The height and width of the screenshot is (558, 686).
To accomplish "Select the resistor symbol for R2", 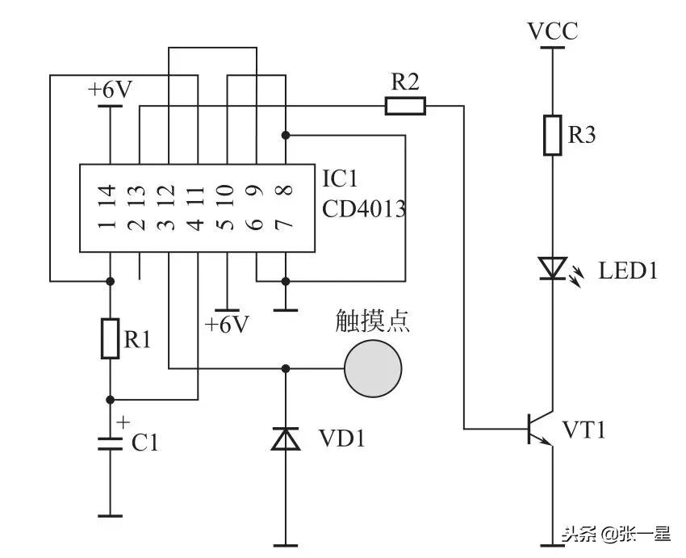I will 404,106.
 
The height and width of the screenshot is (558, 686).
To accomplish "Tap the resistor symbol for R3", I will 552,135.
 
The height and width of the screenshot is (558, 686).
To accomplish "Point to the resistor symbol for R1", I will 110,338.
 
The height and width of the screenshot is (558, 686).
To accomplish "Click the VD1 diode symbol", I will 285,438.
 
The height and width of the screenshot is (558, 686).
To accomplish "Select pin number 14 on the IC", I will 110,192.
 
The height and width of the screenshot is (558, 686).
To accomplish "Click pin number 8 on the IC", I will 284,192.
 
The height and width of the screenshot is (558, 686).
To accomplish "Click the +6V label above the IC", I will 110,90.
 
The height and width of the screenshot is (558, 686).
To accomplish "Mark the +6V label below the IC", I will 227,325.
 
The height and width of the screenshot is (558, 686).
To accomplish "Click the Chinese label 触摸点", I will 372,321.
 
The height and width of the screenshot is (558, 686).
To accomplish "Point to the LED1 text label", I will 627,271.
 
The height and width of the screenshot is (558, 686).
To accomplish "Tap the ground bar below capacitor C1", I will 110,515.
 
